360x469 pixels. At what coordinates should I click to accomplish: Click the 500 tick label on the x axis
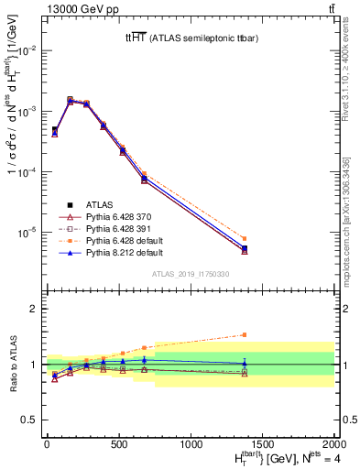pyautogui.click(x=118, y=444)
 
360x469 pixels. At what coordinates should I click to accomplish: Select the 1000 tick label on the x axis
pyautogui.click(x=191, y=444)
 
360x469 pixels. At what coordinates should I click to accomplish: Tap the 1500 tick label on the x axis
pyautogui.click(x=263, y=444)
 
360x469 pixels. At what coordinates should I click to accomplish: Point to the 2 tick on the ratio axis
pyautogui.click(x=34, y=309)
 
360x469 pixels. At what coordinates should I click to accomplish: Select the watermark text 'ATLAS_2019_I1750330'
pyautogui.click(x=190, y=273)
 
